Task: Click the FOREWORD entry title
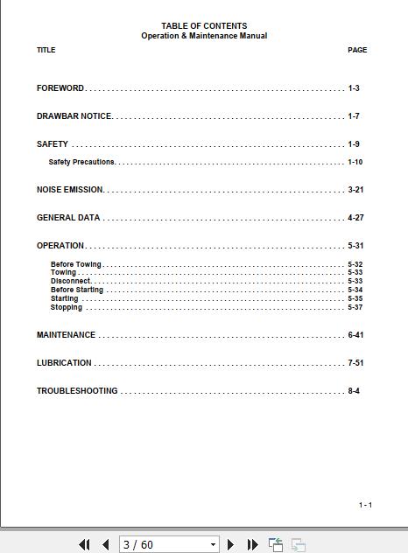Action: click(60, 88)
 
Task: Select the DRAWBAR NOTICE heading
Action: click(74, 116)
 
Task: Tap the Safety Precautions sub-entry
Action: click(82, 162)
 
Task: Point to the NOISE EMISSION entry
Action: click(70, 190)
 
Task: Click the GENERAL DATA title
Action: click(68, 218)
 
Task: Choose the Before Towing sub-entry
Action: click(76, 264)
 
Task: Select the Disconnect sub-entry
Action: click(71, 281)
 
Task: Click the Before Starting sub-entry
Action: click(77, 290)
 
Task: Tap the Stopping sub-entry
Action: click(67, 307)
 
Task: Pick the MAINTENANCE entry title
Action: click(66, 335)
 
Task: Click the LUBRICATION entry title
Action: click(64, 363)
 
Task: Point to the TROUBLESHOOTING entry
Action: click(77, 391)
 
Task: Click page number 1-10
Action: click(355, 162)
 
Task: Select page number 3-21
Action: click(355, 190)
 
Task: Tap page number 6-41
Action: click(355, 335)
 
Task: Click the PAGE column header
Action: click(357, 50)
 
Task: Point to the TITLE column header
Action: click(46, 50)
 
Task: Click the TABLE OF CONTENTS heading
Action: click(204, 26)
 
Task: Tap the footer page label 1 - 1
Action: click(365, 505)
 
